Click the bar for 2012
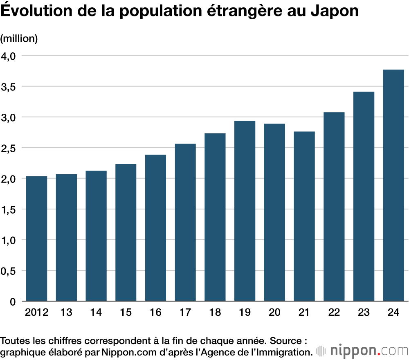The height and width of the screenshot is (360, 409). click(x=36, y=239)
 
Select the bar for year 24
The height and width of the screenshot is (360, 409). click(x=393, y=186)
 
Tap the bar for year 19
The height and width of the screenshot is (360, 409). click(x=245, y=211)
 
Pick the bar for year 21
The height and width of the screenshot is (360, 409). click(x=304, y=216)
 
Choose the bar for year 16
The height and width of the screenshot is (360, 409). click(x=155, y=228)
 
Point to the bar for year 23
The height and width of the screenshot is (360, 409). click(x=364, y=197)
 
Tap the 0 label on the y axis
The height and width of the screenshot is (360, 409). click(x=12, y=302)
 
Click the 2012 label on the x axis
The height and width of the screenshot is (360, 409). click(x=36, y=313)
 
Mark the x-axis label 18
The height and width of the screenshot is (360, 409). click(x=215, y=313)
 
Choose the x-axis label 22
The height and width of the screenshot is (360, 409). click(x=334, y=313)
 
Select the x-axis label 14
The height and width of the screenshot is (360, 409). click(x=96, y=313)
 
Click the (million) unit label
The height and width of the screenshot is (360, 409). click(x=19, y=39)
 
